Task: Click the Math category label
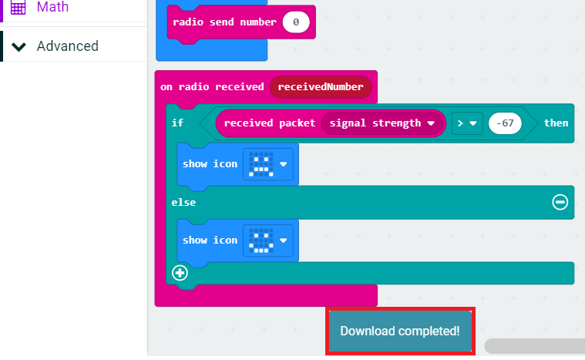[52, 7]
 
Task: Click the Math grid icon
[18, 7]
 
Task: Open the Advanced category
[67, 46]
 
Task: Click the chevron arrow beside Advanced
[19, 46]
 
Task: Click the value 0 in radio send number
[295, 22]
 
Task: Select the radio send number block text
[224, 22]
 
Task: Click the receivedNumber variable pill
[321, 87]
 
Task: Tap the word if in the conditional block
[178, 123]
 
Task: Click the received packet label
[270, 123]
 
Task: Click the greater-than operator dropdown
[466, 123]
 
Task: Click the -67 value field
[506, 123]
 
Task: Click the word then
[556, 123]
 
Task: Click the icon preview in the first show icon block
[263, 164]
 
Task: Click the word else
[183, 202]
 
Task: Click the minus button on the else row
[560, 202]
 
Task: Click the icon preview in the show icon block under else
[263, 241]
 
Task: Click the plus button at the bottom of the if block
[180, 273]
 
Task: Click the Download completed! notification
[400, 331]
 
